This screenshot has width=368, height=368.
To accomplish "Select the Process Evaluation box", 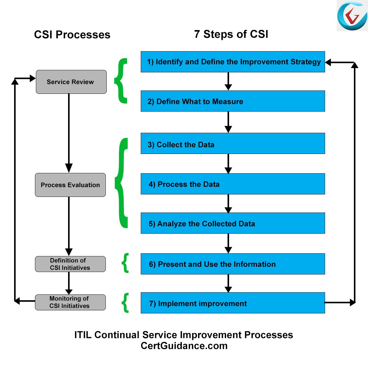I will pos(70,185).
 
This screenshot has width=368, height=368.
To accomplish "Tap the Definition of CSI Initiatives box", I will pos(70,264).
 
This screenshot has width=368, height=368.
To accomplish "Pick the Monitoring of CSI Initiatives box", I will pos(70,302).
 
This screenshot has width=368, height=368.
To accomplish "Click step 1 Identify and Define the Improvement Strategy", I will pos(233,62).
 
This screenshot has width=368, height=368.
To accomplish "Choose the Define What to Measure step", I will pos(233,101).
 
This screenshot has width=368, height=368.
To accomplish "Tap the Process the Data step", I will pos(233,184).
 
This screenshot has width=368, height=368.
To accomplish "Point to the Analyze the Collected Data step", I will pos(233,223).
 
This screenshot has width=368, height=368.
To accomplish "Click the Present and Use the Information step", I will pos(233,264).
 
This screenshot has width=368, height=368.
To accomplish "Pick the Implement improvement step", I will pos(233,303).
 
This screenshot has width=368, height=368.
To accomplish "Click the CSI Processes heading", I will pos(72,35).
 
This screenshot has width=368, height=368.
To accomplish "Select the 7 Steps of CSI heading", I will pos(231,34).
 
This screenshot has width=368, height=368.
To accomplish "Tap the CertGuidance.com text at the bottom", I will pos(184,346).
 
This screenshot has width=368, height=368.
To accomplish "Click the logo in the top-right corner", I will pos(352,16).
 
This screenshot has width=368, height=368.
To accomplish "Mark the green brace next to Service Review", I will pos(121,81).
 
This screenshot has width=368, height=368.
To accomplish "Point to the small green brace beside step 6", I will pos(125,263).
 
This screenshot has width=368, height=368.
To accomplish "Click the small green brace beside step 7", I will pos(125,303).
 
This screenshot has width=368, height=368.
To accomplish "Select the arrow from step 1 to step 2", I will pos(228,81).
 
